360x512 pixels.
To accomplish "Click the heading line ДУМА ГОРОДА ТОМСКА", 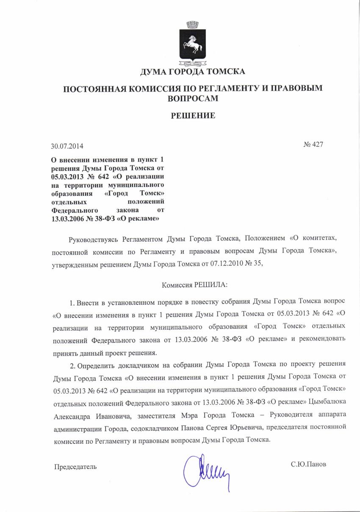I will pos(193,72).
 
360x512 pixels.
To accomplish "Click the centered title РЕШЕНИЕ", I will pos(193,115).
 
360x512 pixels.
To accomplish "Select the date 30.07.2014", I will pos(67,147).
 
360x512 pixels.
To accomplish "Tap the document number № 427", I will pos(313,145).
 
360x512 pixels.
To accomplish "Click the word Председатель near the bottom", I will pos(75,467).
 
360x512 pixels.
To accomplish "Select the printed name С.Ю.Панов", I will pos(308,464).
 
